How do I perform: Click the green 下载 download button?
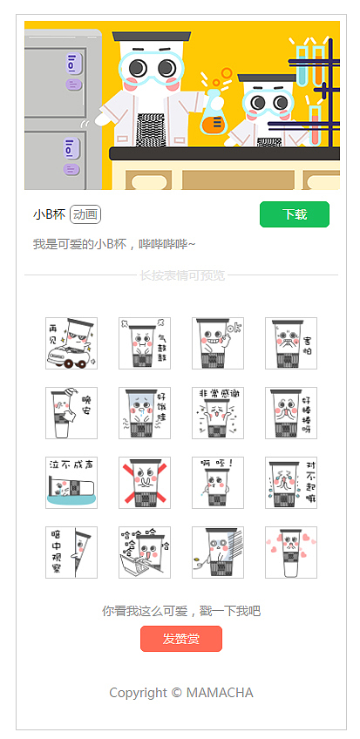[294, 214]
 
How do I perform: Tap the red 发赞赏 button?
[180, 639]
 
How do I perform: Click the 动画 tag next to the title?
[85, 214]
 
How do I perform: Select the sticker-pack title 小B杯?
[49, 214]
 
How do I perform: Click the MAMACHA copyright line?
[180, 693]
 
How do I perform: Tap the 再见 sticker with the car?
[71, 343]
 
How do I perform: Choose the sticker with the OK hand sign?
[218, 343]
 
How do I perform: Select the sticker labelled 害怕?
[291, 343]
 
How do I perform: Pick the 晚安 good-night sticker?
[71, 413]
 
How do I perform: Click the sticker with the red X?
[145, 483]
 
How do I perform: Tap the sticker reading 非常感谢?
[218, 413]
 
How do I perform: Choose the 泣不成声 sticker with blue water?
[71, 483]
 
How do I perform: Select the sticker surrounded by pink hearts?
[291, 553]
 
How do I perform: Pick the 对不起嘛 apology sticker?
[291, 483]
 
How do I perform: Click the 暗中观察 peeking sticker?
[71, 553]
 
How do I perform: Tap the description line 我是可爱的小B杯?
[114, 244]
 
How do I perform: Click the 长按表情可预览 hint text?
[182, 276]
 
